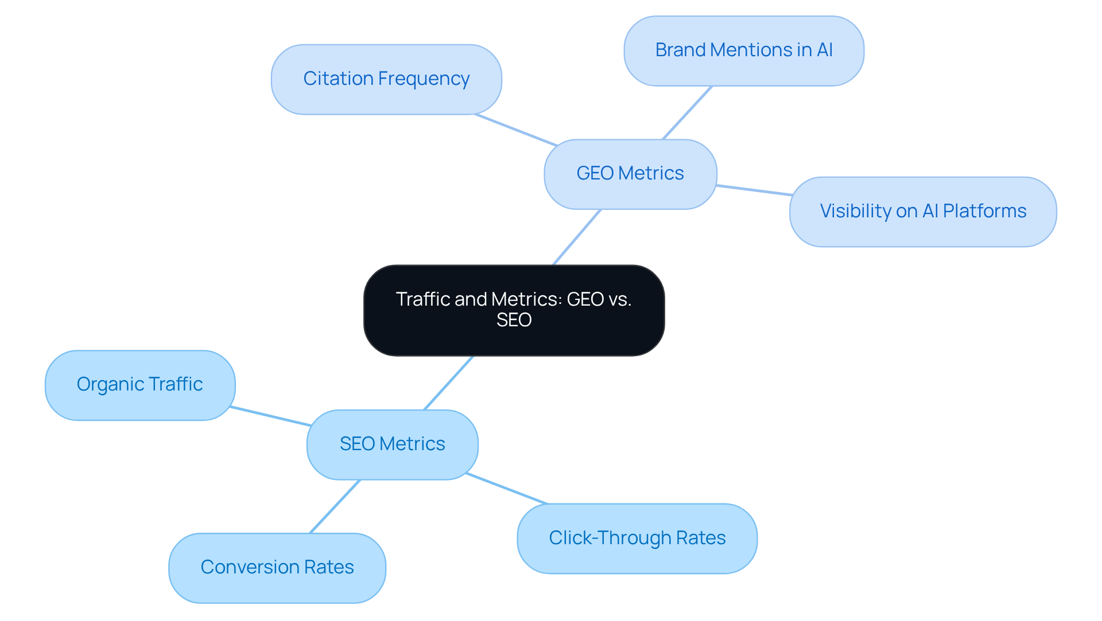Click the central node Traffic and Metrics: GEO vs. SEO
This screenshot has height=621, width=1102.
click(x=514, y=310)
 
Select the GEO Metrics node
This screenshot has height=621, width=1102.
click(x=630, y=174)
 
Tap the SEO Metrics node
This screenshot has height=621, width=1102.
click(x=392, y=444)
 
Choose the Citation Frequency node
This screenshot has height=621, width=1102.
click(x=386, y=79)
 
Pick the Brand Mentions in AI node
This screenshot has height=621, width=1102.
click(x=744, y=50)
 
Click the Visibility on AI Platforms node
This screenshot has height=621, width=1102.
click(x=923, y=212)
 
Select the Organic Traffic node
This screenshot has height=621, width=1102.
click(x=140, y=385)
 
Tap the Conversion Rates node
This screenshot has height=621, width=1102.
click(x=277, y=568)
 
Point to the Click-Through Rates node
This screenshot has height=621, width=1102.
click(x=637, y=538)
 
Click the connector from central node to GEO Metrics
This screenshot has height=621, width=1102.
click(x=577, y=237)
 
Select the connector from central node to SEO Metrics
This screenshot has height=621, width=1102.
click(x=449, y=382)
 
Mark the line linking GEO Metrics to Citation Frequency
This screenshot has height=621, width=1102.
click(x=515, y=130)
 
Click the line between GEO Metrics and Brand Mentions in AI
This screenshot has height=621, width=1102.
click(x=688, y=112)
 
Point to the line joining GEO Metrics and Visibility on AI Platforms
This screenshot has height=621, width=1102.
click(x=754, y=190)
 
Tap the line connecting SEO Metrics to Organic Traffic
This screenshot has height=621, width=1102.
click(x=270, y=416)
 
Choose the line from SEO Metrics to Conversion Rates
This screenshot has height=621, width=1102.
click(x=335, y=506)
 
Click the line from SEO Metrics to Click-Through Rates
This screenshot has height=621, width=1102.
click(x=506, y=489)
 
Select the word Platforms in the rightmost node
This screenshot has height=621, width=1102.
click(x=984, y=212)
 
